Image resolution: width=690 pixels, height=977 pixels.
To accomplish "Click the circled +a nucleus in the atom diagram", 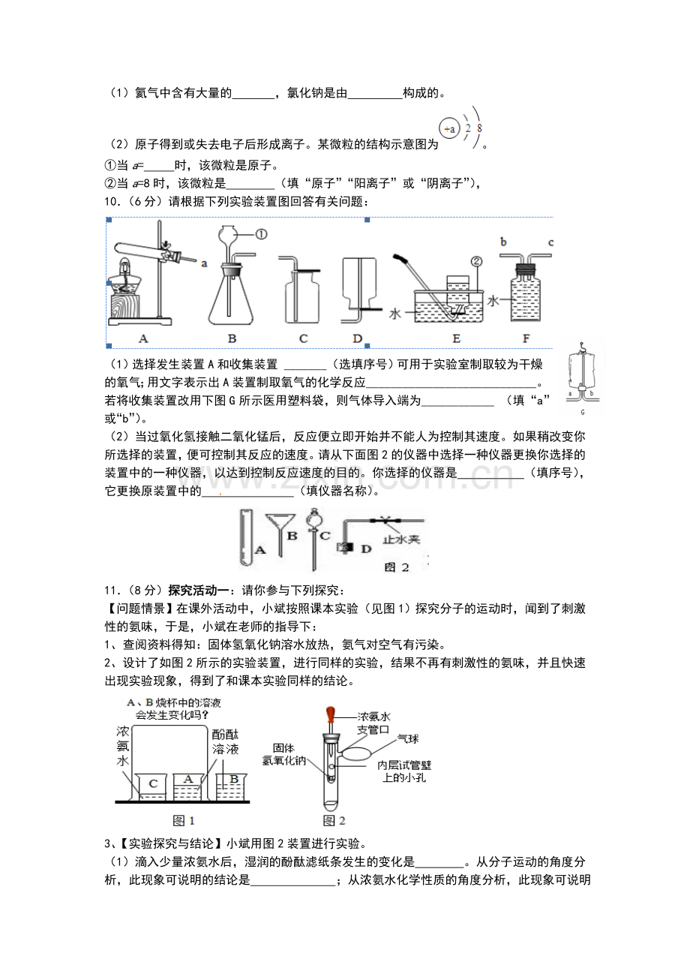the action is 449,128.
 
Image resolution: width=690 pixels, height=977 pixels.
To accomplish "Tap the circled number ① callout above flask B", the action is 261,234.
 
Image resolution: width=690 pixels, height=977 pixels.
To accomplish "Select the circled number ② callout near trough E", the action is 477,262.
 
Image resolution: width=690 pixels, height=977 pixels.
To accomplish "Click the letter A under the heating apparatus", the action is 143,338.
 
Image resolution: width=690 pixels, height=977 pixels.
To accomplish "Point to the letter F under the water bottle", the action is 526,338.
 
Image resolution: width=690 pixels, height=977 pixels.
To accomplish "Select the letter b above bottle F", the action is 503,242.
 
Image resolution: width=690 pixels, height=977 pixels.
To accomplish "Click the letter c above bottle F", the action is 550,242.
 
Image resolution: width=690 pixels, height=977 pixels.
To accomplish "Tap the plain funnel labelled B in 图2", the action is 280,535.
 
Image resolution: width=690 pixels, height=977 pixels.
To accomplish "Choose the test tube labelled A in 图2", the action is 246,538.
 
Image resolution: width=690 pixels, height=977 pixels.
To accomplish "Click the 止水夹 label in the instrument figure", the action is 401,540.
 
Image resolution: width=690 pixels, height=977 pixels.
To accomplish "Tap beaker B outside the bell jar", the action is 232,788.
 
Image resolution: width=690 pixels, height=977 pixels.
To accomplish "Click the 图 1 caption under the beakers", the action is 184,821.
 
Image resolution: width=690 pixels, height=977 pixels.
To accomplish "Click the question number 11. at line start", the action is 113,591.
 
